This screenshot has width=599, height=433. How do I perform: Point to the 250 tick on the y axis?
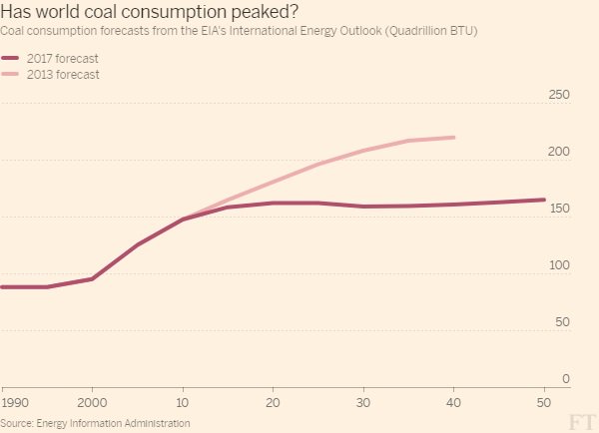click(x=559, y=95)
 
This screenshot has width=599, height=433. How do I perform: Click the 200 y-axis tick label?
click(x=559, y=152)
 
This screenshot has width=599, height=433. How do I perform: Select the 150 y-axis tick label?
click(x=559, y=209)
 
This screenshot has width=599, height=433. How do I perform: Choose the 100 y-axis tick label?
click(x=559, y=265)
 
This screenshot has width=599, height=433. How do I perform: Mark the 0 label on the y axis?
click(x=565, y=379)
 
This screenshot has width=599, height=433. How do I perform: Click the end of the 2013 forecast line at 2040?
click(x=454, y=137)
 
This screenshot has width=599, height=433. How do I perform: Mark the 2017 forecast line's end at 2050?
click(x=543, y=200)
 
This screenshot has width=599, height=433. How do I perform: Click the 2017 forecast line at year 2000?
click(x=92, y=278)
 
